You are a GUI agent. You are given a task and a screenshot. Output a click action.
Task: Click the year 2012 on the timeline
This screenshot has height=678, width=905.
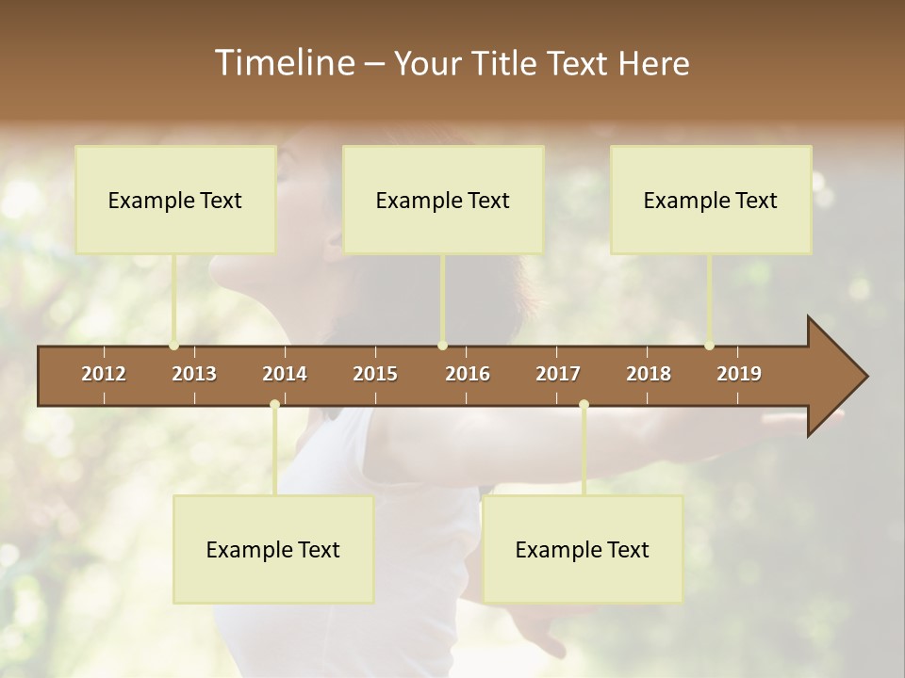coord(104,374)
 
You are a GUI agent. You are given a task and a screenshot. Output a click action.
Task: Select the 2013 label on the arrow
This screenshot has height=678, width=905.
coord(194,374)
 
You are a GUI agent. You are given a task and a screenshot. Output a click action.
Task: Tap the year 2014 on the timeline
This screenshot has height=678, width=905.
coord(285,374)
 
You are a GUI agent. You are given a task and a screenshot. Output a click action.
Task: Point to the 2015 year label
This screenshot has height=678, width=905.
coord(375,374)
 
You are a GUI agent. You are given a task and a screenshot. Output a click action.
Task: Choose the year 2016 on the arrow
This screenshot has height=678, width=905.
coord(468,374)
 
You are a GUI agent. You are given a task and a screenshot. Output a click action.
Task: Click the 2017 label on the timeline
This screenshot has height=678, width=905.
coord(558,374)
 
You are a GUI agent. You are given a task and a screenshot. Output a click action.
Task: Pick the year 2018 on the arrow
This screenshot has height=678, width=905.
coord(649,374)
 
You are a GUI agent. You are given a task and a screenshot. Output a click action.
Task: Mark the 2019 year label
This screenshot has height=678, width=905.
coord(739,374)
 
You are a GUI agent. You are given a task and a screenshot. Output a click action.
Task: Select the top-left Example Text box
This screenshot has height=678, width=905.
coord(175,200)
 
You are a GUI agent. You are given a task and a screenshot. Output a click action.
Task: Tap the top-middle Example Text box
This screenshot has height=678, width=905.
coord(443,200)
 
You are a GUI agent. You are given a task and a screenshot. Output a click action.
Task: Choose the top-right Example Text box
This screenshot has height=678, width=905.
coord(711,200)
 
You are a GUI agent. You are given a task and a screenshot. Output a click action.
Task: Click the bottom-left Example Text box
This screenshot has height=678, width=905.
coord(273,549)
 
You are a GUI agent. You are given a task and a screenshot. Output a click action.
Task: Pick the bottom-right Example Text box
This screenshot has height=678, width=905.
coord(583,549)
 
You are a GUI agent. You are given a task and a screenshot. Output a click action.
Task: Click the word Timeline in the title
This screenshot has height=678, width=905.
coord(284,63)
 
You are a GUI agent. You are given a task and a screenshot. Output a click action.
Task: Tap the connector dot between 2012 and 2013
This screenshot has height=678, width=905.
coord(174,346)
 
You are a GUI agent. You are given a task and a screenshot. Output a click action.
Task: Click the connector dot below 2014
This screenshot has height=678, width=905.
coord(274,405)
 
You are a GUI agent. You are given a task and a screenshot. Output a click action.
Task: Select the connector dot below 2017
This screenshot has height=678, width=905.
coord(584,405)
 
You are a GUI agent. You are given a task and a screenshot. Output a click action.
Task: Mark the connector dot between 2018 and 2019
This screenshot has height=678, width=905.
coord(710,346)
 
